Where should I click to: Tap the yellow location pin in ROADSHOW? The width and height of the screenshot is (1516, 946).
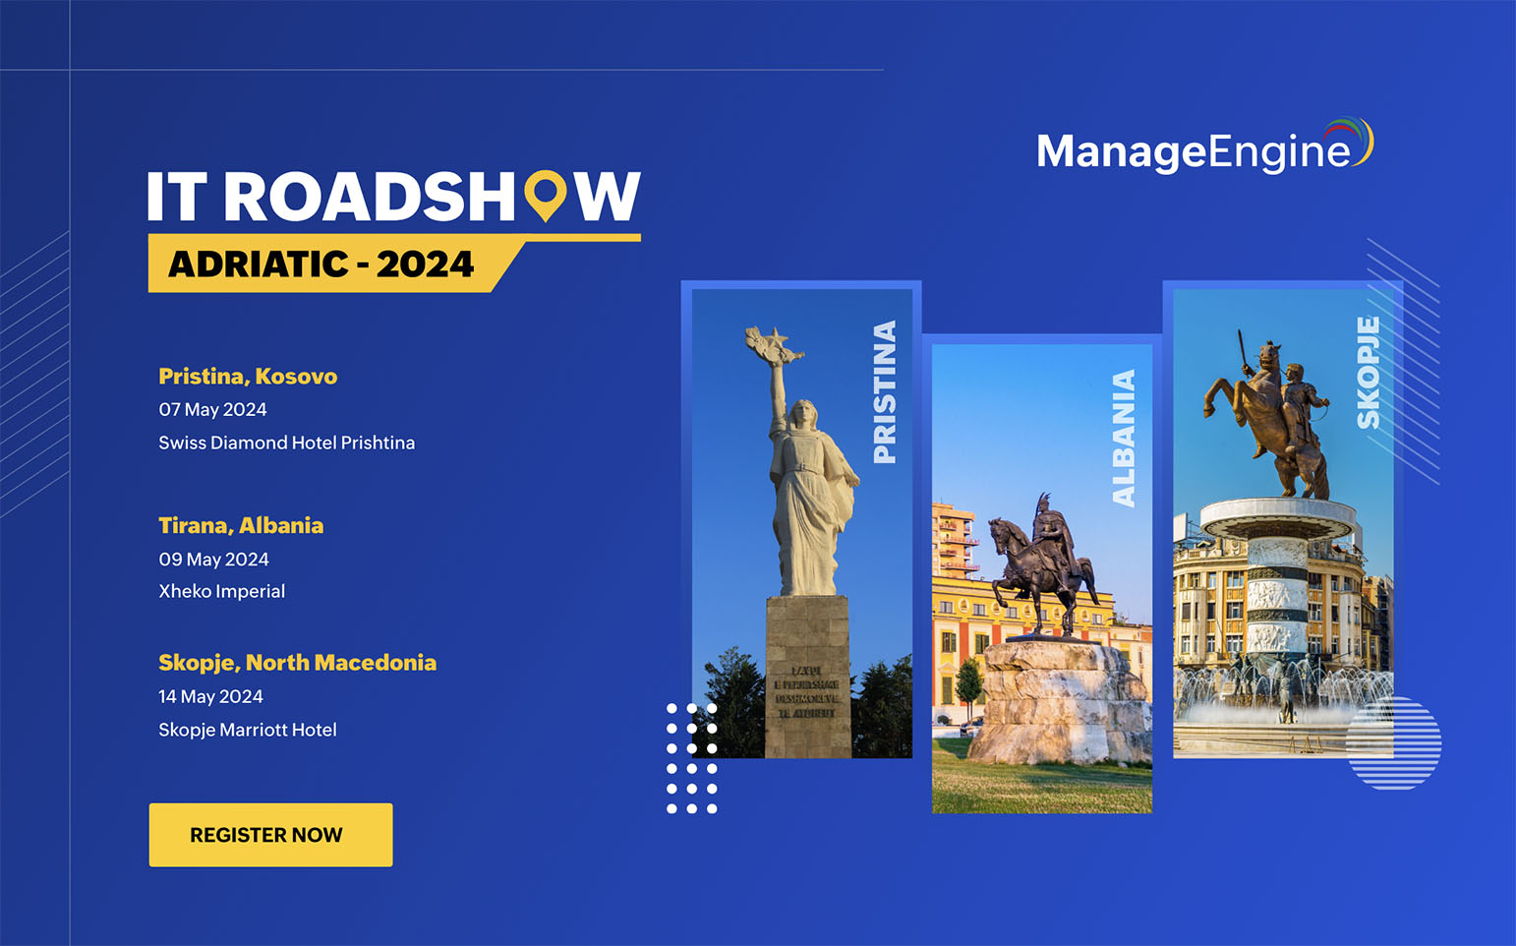545,194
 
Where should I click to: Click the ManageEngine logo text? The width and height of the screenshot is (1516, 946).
1193,150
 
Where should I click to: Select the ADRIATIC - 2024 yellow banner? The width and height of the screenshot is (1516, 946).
321,264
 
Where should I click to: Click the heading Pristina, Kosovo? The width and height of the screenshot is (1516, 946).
248,377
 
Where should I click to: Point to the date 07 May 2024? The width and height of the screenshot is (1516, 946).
212,409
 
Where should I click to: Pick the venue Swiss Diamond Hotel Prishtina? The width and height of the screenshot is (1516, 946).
286,443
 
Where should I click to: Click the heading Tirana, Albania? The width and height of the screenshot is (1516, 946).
241,526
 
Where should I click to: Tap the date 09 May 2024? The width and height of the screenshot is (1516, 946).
213,560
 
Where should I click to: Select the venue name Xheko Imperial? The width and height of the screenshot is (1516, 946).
221,591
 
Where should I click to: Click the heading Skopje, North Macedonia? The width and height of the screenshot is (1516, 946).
297,663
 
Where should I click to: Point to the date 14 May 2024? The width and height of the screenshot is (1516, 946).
210,696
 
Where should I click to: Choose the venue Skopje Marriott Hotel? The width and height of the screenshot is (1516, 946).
247,730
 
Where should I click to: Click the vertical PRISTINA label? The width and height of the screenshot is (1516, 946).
885,391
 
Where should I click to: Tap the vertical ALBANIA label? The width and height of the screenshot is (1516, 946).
1124,439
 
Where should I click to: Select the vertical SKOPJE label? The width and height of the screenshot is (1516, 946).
1368,373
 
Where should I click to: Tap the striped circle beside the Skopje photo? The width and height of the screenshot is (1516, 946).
1393,743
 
